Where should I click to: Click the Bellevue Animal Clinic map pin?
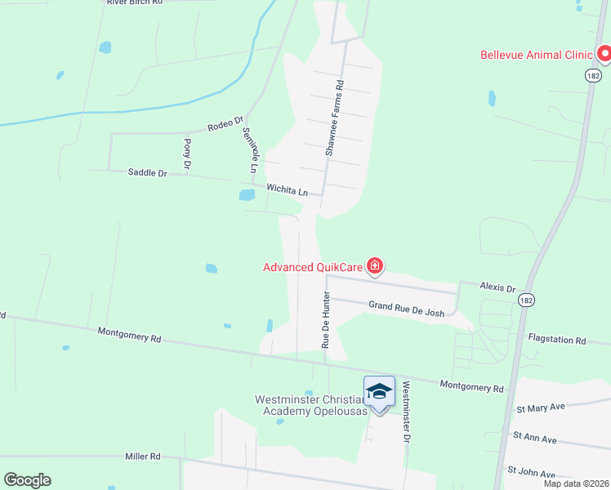pyautogui.click(x=604, y=55)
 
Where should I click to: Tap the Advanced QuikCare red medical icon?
pyautogui.click(x=375, y=266)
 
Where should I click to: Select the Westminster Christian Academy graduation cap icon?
pyautogui.click(x=379, y=392)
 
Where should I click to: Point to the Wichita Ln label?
pyautogui.click(x=287, y=190)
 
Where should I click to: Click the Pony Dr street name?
pyautogui.click(x=187, y=154)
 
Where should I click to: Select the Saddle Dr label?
pyautogui.click(x=147, y=172)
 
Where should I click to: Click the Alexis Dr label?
pyautogui.click(x=498, y=288)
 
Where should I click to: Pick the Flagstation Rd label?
pyautogui.click(x=557, y=339)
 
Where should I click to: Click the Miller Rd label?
pyautogui.click(x=143, y=457)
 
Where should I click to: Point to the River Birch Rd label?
pyautogui.click(x=135, y=2)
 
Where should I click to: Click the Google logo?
pyautogui.click(x=27, y=480)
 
